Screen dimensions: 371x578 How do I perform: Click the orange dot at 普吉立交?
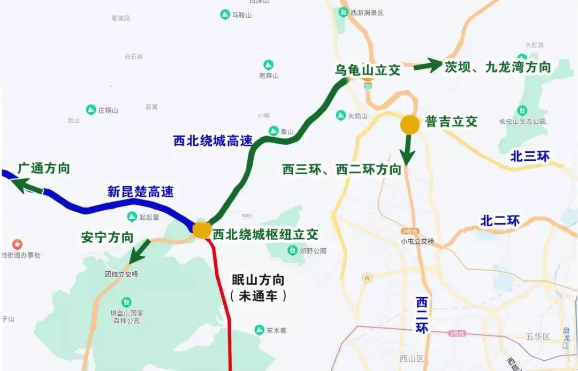pos(410,124)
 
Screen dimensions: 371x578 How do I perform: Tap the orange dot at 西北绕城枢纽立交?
pos(202,230)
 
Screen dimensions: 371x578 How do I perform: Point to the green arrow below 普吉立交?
pos(408,150)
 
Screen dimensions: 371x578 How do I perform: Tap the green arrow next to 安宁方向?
pos(141,250)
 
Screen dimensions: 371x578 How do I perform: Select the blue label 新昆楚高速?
pos(141,191)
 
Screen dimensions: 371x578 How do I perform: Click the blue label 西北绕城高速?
pos(213,141)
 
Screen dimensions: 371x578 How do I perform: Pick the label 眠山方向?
pos(257,280)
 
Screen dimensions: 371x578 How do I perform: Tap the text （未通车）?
pos(257,295)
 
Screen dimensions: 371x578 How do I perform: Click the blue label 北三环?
pos(530,156)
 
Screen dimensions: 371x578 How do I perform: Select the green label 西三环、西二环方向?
pos(342,169)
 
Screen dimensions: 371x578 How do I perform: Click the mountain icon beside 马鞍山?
pos(225,15)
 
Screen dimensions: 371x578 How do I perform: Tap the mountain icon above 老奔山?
pos(269,65)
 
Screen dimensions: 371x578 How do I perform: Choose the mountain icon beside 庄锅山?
pos(91,110)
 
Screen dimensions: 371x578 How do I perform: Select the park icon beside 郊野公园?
pos(292,250)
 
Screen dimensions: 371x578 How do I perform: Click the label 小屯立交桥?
pos(417,241)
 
